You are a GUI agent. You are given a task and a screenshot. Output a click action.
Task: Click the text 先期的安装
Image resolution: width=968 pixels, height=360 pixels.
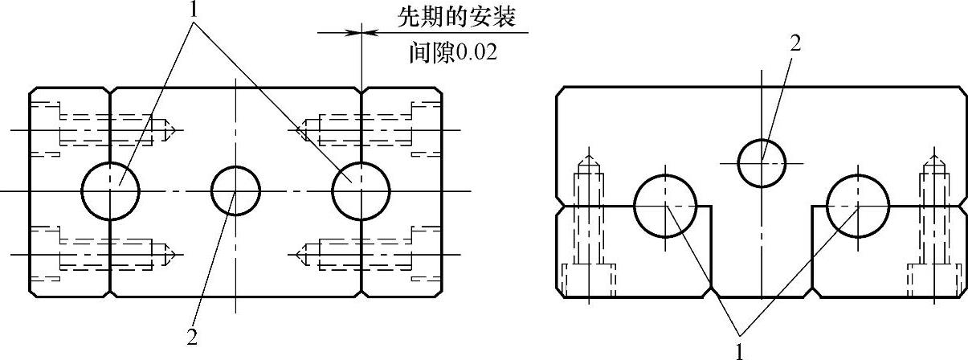click(x=455, y=16)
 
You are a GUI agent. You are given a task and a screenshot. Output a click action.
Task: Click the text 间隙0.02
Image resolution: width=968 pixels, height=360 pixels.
click(x=452, y=53)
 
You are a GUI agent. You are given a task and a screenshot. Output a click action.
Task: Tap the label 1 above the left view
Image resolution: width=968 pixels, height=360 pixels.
click(x=193, y=10)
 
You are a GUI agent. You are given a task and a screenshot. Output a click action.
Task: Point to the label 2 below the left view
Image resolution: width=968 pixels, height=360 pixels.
click(x=191, y=337)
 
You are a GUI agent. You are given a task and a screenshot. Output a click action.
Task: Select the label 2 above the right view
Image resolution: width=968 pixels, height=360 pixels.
click(x=794, y=45)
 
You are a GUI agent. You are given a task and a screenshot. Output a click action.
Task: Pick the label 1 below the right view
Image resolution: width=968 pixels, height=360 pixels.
click(x=739, y=350)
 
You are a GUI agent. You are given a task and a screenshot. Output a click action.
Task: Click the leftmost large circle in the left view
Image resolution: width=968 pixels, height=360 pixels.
click(x=111, y=190)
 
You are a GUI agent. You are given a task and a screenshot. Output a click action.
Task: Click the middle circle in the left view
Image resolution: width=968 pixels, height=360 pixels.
click(x=235, y=191)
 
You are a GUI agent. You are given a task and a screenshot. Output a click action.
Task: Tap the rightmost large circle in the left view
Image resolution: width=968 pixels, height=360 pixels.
click(x=361, y=191)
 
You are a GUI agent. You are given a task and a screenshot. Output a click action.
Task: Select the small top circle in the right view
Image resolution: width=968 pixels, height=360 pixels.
click(x=761, y=162)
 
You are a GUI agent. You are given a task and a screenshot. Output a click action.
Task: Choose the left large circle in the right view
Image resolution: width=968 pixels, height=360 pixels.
click(x=665, y=206)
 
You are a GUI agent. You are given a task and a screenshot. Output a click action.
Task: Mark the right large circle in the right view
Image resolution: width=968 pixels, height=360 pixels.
click(x=858, y=206)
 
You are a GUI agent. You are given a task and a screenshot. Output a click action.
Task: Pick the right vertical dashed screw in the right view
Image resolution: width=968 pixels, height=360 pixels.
click(x=933, y=225)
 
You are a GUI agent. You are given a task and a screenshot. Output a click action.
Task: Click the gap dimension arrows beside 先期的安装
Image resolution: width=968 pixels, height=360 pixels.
click(x=361, y=33)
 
